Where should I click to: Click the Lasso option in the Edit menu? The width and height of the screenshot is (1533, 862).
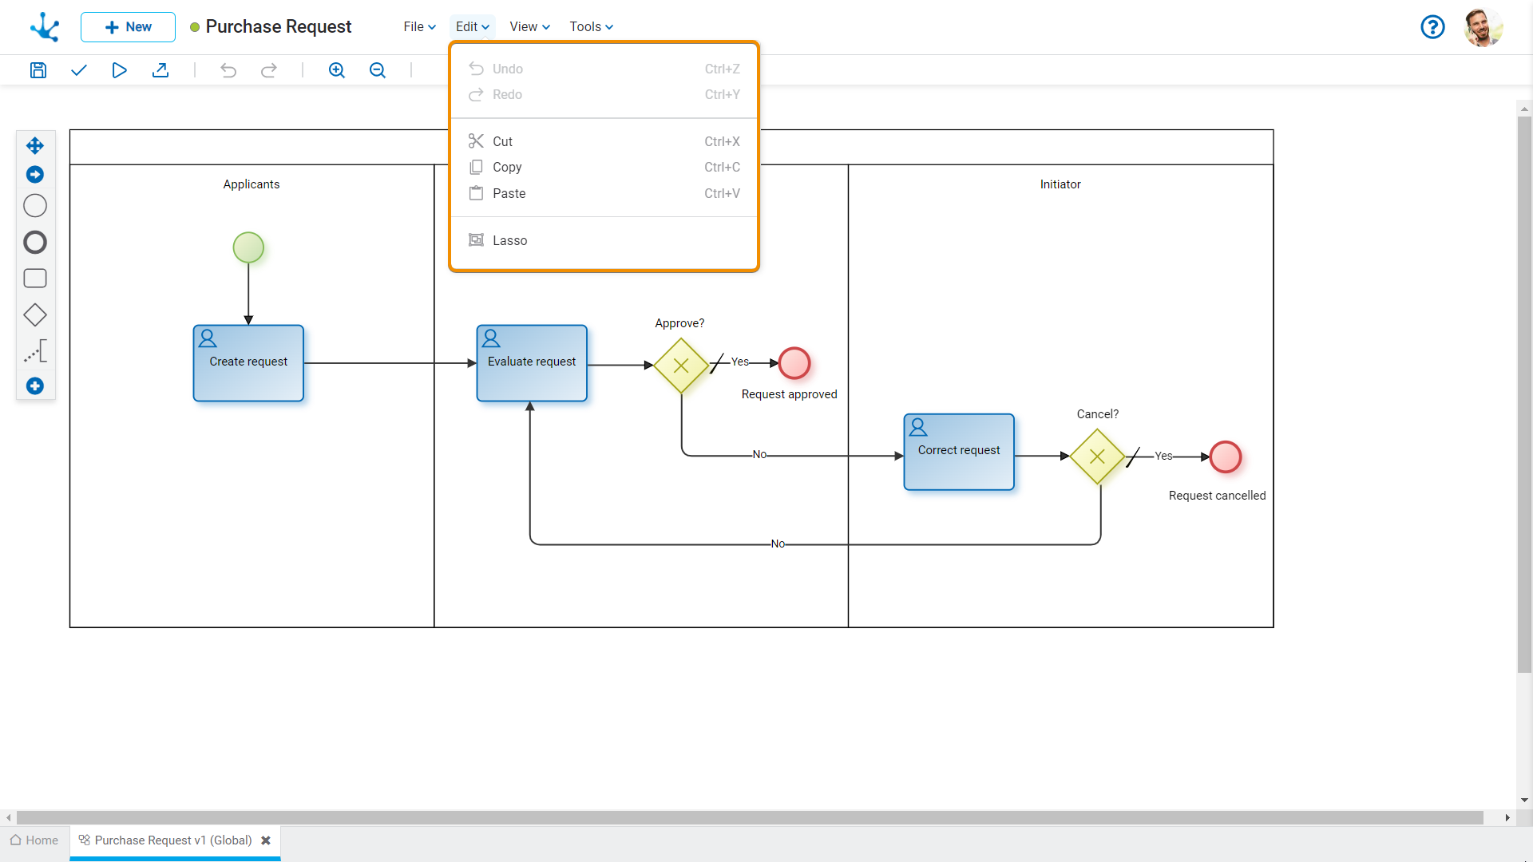pos(509,240)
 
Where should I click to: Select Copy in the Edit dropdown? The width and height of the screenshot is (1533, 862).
pos(507,167)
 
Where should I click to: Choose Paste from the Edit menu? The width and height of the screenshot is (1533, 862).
pos(509,193)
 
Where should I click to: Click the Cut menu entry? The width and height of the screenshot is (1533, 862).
pos(502,141)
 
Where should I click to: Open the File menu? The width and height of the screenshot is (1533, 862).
pos(419,26)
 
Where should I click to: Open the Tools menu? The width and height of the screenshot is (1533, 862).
pos(591,26)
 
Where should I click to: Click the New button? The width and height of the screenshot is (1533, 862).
pos(128,27)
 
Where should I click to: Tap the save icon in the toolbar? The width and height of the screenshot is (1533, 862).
pos(38,70)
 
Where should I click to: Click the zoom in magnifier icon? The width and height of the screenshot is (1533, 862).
pos(337,70)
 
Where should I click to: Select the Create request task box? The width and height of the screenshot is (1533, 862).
pos(248,363)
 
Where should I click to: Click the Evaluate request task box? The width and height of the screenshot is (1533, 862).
pos(532,363)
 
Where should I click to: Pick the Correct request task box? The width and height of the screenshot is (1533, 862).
pos(959,452)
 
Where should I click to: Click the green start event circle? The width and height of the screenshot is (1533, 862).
pos(248,247)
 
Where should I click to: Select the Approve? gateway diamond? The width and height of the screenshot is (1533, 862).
pos(681,366)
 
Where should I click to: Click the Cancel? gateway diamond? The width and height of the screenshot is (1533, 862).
pos(1097,457)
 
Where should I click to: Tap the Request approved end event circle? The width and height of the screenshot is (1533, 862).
pos(794,363)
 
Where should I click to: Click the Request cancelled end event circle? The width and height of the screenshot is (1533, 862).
pos(1226,457)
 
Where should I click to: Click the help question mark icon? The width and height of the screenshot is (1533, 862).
pos(1432,27)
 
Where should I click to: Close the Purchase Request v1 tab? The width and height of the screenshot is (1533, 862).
pos(266,840)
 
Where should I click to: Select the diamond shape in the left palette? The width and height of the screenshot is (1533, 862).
pos(35,315)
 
